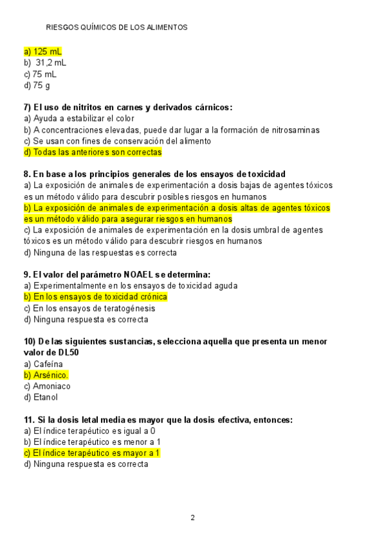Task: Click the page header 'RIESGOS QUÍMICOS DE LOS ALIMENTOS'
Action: tap(117, 28)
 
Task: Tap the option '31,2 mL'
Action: tap(51, 62)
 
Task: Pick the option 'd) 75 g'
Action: tap(37, 86)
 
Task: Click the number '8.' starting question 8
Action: tap(27, 174)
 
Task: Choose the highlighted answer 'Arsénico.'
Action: tap(46, 375)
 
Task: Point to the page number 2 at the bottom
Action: tap(192, 518)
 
